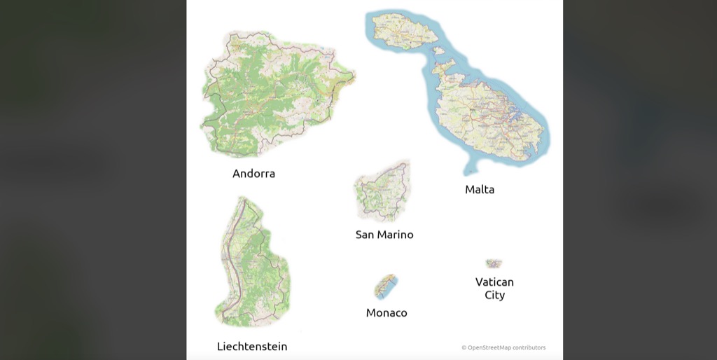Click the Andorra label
(x=253, y=174)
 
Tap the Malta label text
(x=480, y=189)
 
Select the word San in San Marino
(x=365, y=235)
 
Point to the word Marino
(x=396, y=235)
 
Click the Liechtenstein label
(x=252, y=347)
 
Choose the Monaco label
(x=387, y=313)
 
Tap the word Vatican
(x=494, y=282)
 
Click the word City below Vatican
(x=494, y=295)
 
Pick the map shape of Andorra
(x=273, y=95)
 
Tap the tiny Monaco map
(x=386, y=286)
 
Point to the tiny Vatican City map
(x=494, y=263)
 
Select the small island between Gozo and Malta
(x=439, y=50)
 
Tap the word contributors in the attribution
(x=529, y=347)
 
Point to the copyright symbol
(x=464, y=347)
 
